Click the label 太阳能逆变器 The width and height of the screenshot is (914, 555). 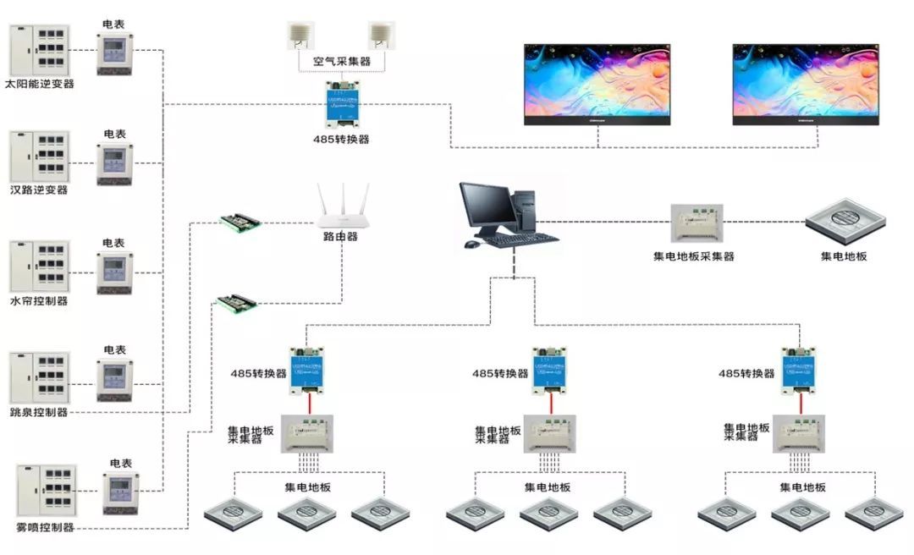click(x=40, y=84)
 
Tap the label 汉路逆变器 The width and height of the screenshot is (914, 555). click(x=39, y=190)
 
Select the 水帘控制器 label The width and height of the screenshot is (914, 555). click(x=39, y=301)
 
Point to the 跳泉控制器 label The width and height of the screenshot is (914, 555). click(x=39, y=412)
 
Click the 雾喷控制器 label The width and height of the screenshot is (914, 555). click(x=46, y=527)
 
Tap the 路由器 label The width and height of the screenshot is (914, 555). click(x=340, y=237)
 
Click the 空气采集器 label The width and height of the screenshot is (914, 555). click(x=342, y=62)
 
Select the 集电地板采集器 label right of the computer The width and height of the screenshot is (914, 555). click(x=694, y=256)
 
